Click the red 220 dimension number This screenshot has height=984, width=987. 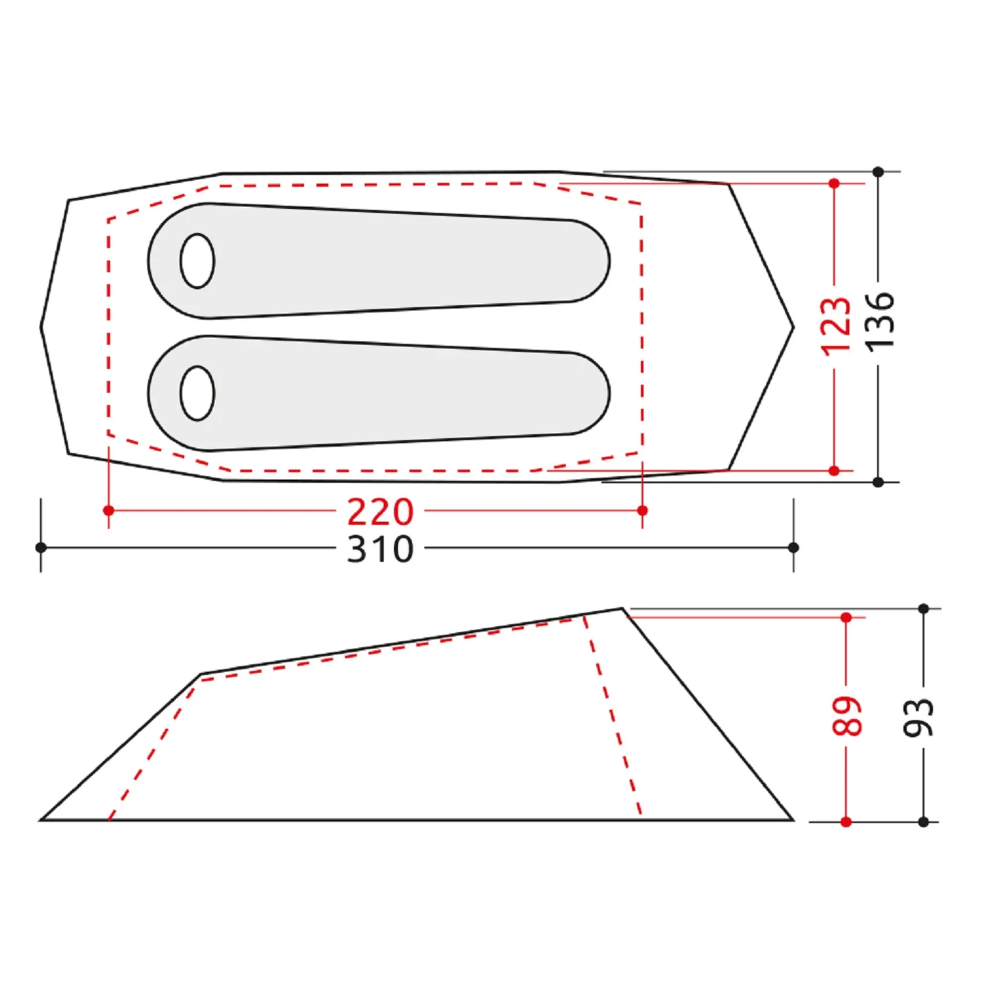click(x=380, y=512)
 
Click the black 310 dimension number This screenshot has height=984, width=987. click(x=380, y=549)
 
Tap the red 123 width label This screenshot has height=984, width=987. click(x=836, y=326)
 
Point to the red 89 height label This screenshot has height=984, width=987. click(x=847, y=716)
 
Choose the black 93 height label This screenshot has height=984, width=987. click(x=919, y=717)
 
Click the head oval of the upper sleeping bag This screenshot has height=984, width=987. click(x=197, y=260)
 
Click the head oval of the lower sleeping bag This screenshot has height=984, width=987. click(x=197, y=393)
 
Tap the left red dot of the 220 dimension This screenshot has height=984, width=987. click(x=109, y=510)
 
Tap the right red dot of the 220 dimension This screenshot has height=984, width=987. click(x=643, y=510)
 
